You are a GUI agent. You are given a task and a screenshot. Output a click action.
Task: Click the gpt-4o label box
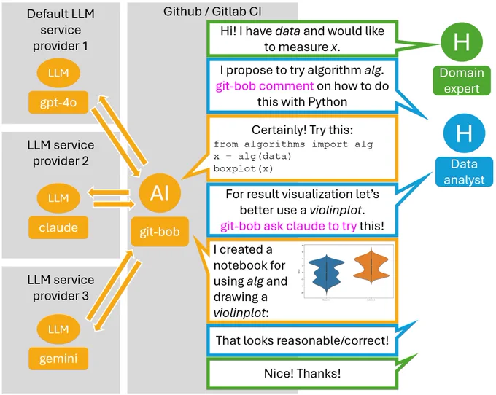click(x=58, y=102)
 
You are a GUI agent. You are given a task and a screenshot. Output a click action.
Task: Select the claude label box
click(x=58, y=227)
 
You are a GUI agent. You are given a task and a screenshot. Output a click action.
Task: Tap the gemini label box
click(x=58, y=359)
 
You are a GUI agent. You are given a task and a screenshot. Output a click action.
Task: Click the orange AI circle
click(x=160, y=192)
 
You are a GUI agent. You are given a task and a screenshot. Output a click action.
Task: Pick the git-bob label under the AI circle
click(x=160, y=232)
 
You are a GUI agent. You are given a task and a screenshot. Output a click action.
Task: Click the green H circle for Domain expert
click(x=462, y=42)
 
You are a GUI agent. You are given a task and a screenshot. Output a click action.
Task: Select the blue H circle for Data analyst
click(x=464, y=133)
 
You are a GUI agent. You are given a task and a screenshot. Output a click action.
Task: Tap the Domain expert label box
click(x=462, y=81)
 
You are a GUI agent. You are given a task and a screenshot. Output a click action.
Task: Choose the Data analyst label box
click(x=464, y=171)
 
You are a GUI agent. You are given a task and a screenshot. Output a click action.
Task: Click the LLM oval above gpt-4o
click(x=58, y=73)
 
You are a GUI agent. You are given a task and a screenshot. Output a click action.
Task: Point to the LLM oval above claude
click(x=58, y=197)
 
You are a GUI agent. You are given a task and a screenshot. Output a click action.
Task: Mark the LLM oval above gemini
click(x=58, y=329)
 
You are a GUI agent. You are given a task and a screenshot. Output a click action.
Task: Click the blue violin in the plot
click(x=327, y=272)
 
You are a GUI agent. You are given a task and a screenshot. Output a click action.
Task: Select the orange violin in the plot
click(x=371, y=266)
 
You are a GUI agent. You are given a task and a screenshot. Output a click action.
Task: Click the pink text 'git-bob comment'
click(x=265, y=86)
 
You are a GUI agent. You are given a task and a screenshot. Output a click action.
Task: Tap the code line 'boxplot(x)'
click(x=243, y=168)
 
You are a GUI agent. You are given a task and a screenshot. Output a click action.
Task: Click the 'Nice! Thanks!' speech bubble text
click(x=303, y=373)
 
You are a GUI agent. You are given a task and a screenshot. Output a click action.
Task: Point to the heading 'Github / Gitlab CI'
click(x=212, y=12)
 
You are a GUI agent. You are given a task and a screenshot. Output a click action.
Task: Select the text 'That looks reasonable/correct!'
click(x=302, y=340)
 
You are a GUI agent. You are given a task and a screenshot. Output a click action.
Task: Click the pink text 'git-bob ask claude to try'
click(x=289, y=226)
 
